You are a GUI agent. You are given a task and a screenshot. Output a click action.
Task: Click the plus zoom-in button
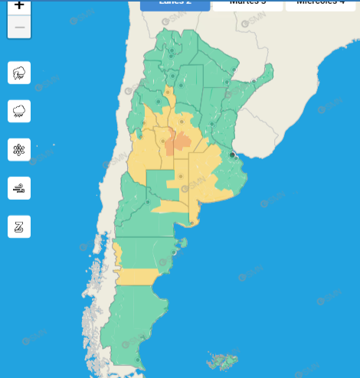click(x=19, y=6)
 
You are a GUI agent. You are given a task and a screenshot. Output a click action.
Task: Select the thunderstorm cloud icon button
click(x=19, y=73)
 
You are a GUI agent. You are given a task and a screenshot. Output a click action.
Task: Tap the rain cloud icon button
click(x=19, y=111)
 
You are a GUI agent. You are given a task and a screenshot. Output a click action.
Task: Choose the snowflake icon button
click(x=19, y=149)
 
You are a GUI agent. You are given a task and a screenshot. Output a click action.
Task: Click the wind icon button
click(x=19, y=187)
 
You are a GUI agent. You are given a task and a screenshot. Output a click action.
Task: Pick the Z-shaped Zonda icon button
click(x=19, y=226)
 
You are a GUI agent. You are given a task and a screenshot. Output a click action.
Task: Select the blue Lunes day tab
click(x=175, y=4)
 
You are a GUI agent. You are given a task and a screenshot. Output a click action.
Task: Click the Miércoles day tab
click(x=322, y=4)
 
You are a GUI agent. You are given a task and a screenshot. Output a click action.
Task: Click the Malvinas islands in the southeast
click(x=223, y=360)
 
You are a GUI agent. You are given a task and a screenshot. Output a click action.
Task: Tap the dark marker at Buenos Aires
click(x=232, y=155)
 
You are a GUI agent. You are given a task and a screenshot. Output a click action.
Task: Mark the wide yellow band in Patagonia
click(x=138, y=276)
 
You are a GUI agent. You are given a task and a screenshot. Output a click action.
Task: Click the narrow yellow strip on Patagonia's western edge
click(x=117, y=253)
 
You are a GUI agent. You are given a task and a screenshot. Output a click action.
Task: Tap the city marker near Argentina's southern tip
click(x=138, y=359)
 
